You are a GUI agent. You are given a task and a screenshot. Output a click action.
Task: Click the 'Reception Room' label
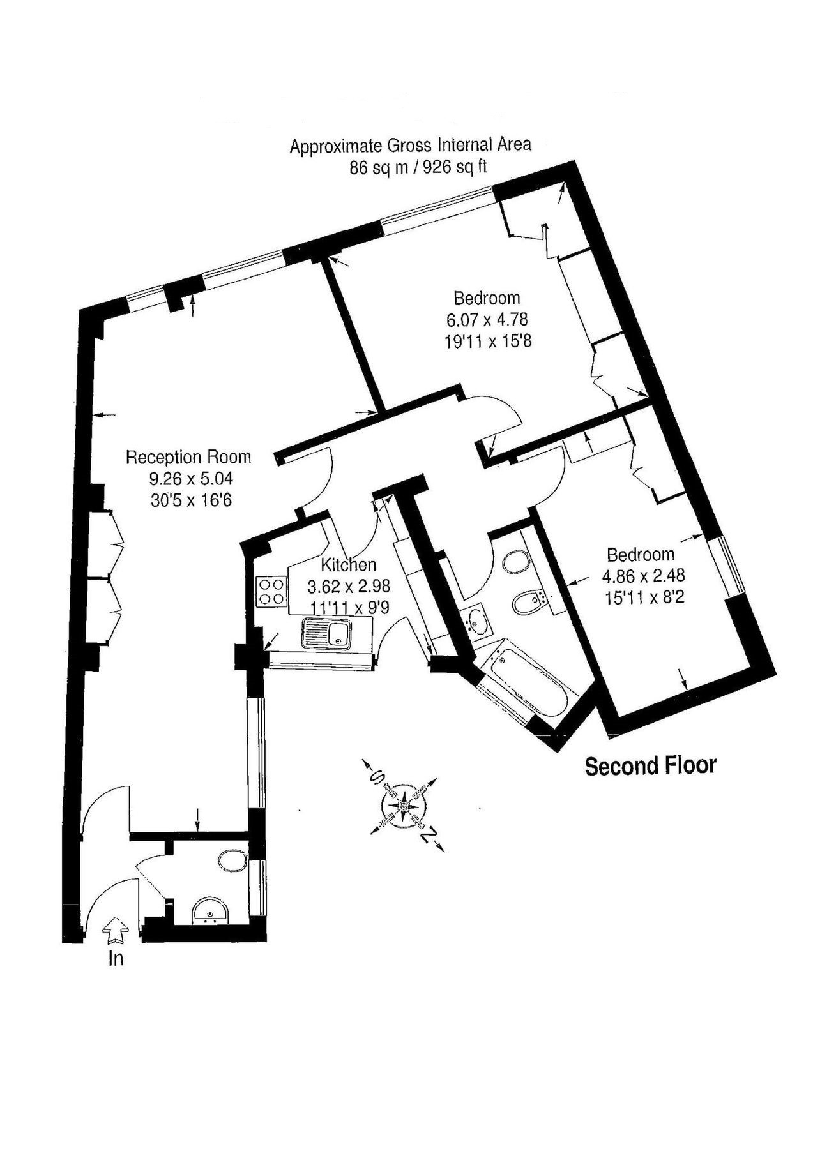point(188,457)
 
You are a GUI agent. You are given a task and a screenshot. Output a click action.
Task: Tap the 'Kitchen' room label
point(348,564)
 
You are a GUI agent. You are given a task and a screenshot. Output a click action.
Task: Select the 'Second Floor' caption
point(651,765)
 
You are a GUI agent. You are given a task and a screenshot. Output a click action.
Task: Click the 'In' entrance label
point(116,958)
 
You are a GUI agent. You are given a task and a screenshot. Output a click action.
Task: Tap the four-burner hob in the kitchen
point(271,591)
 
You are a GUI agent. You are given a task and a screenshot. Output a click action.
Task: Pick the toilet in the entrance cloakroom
point(231,861)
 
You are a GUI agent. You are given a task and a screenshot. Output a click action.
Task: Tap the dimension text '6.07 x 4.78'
point(487,319)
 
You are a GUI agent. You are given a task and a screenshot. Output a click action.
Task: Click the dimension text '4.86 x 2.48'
point(643,576)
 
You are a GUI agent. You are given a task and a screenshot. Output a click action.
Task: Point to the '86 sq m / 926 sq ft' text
point(418,167)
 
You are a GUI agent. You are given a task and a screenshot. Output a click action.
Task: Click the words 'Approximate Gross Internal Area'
point(410,146)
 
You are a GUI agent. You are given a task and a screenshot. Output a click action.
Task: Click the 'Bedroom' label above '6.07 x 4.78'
point(487,297)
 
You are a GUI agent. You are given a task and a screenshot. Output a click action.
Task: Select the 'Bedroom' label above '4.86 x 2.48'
point(641,554)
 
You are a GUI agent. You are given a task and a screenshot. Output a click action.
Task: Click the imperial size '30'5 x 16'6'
point(191,499)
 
